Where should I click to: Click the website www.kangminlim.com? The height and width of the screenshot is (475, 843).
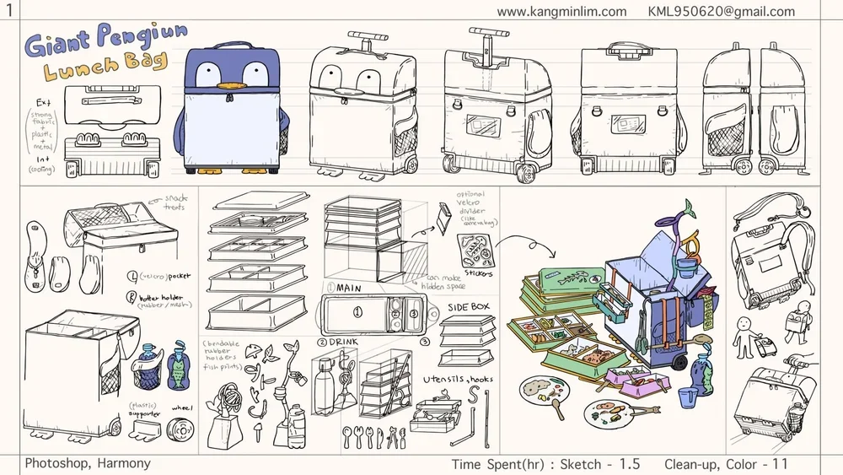pyautogui.click(x=561, y=12)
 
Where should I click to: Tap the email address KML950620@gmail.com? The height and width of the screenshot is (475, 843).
pyautogui.click(x=721, y=12)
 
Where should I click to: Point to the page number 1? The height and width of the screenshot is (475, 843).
pyautogui.click(x=8, y=10)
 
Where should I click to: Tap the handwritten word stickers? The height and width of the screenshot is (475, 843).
pyautogui.click(x=478, y=275)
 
